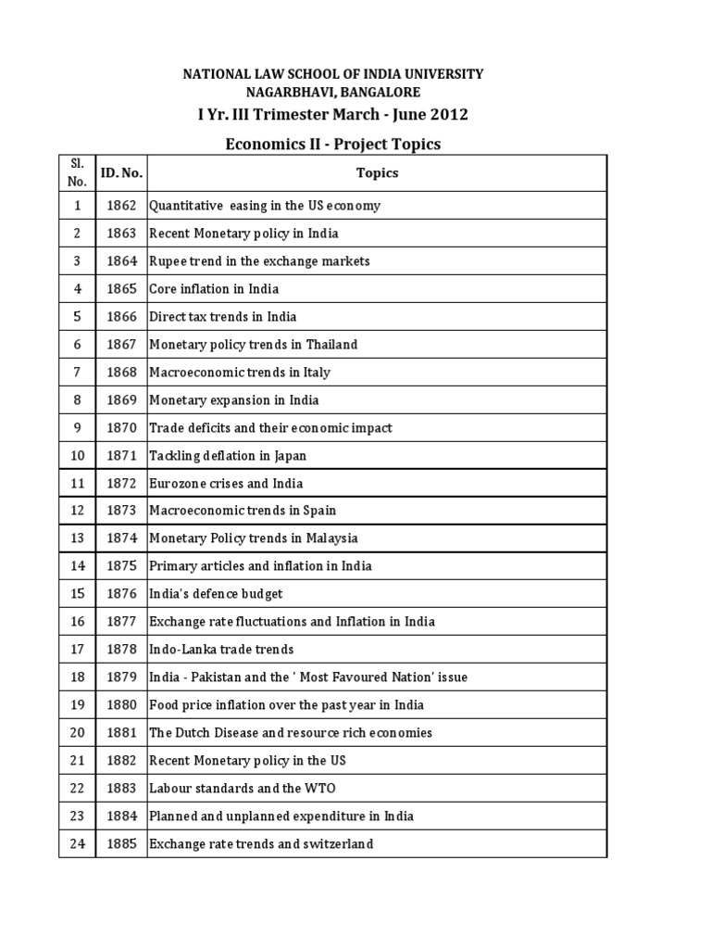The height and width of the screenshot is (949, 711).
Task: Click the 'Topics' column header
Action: (377, 172)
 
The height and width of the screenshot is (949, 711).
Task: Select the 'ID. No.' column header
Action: (121, 172)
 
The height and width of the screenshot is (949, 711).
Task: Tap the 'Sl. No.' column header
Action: (78, 172)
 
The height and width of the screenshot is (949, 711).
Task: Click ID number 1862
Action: (121, 206)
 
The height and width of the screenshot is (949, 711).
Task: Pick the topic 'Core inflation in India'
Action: (214, 289)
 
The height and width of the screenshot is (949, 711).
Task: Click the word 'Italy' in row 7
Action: (315, 373)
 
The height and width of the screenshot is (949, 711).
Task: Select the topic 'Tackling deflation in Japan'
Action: (228, 456)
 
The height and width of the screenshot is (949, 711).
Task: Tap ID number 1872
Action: (121, 484)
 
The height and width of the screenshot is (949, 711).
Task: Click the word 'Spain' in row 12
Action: (318, 511)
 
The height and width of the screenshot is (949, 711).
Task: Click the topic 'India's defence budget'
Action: (216, 594)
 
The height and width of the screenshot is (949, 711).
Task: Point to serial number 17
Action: (78, 650)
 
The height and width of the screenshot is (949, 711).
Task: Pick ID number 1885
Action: (121, 844)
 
